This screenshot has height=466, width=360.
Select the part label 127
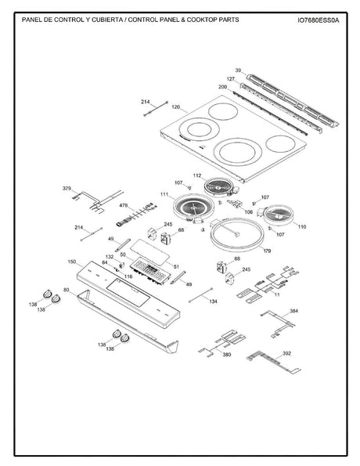click(x=231, y=79)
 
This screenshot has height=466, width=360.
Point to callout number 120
click(x=175, y=106)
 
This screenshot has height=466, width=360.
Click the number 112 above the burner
click(x=197, y=175)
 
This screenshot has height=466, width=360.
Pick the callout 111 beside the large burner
click(x=164, y=193)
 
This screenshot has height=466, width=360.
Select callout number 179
click(x=267, y=251)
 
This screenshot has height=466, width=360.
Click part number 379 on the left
click(x=67, y=188)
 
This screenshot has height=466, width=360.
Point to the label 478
click(x=123, y=205)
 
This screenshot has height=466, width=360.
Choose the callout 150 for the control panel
click(x=71, y=261)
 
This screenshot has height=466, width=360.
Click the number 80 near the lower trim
click(x=66, y=291)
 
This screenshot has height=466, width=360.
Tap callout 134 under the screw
click(x=213, y=301)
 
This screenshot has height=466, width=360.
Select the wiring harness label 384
click(x=293, y=311)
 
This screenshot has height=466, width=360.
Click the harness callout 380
click(x=226, y=355)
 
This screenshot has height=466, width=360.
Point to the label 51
click(x=176, y=266)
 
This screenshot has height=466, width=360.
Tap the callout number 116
click(x=128, y=276)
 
